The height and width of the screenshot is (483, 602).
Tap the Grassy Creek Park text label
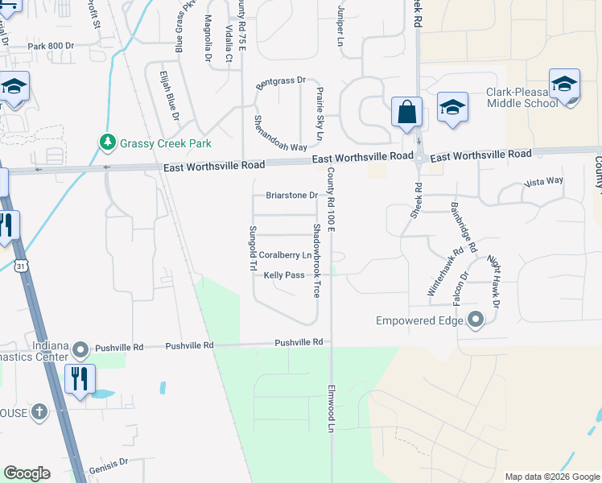[x=165, y=144]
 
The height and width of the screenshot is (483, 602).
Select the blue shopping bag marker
[x=407, y=112]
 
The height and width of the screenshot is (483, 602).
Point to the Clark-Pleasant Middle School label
[x=521, y=97]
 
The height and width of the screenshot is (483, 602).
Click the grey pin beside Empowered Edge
[x=476, y=320]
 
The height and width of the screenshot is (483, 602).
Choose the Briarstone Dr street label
[x=292, y=195]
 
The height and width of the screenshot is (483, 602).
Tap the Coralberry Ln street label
[x=285, y=255]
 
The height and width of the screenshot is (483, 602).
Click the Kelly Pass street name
[x=284, y=275]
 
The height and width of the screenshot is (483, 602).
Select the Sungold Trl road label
[x=252, y=248]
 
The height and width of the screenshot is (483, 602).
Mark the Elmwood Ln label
[x=330, y=408]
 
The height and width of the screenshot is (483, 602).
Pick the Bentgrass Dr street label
[x=282, y=81]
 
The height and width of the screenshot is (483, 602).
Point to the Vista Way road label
[x=543, y=181]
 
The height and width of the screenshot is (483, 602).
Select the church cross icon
[x=38, y=413]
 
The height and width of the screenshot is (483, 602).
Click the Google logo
[x=27, y=473]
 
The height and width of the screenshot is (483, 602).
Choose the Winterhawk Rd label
[x=444, y=273]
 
